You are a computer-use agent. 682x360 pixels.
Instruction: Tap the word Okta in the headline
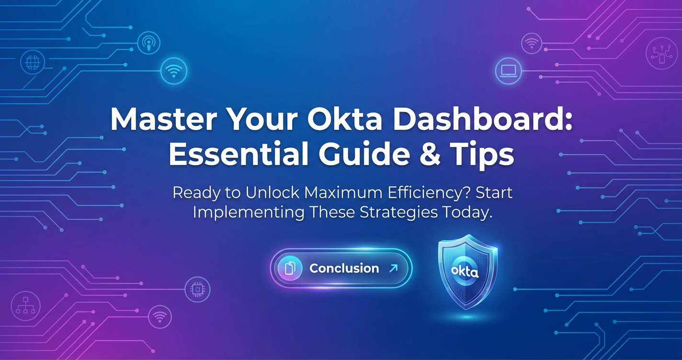click(344, 119)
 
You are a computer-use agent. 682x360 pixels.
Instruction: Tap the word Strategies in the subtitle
click(398, 212)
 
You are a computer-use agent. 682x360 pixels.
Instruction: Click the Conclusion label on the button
click(344, 269)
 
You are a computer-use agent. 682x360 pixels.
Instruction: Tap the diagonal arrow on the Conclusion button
click(393, 268)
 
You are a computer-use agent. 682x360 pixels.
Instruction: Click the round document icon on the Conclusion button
click(290, 268)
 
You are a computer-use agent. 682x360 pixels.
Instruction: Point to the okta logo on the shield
click(465, 271)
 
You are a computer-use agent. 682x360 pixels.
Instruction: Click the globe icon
click(33, 62)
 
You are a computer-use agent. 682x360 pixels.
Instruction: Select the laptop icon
click(509, 71)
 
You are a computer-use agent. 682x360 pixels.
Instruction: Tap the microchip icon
click(197, 289)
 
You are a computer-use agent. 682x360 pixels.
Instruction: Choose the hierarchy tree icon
click(25, 306)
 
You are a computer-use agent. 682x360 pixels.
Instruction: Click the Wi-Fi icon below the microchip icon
click(160, 317)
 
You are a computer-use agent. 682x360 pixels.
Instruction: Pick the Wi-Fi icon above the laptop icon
click(532, 44)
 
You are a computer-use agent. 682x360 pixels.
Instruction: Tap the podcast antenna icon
click(148, 43)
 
